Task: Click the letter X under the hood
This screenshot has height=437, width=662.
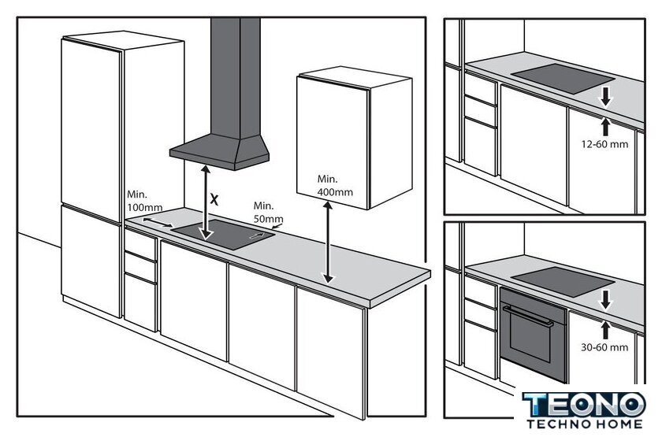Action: [214, 199]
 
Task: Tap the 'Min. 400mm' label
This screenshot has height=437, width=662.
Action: [335, 186]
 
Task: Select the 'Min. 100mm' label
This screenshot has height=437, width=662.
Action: [144, 202]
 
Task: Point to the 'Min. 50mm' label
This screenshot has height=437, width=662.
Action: [268, 213]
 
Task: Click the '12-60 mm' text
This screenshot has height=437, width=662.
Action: [604, 144]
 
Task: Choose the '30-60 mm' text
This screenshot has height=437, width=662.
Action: [604, 347]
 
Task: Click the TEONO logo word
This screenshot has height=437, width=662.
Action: [584, 405]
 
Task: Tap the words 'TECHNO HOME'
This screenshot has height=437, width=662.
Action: [585, 424]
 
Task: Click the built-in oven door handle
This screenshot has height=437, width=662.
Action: [528, 316]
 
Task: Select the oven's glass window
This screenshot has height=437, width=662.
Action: [530, 336]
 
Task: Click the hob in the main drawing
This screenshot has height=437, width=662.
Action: [223, 234]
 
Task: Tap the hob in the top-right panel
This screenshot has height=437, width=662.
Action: [563, 79]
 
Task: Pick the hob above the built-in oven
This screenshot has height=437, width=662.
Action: [563, 280]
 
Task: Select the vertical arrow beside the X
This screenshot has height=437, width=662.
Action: [206, 202]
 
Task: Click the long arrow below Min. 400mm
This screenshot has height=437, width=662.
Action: [328, 243]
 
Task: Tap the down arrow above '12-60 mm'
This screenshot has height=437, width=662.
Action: [606, 97]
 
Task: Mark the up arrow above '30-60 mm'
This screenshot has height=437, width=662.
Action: [606, 330]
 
